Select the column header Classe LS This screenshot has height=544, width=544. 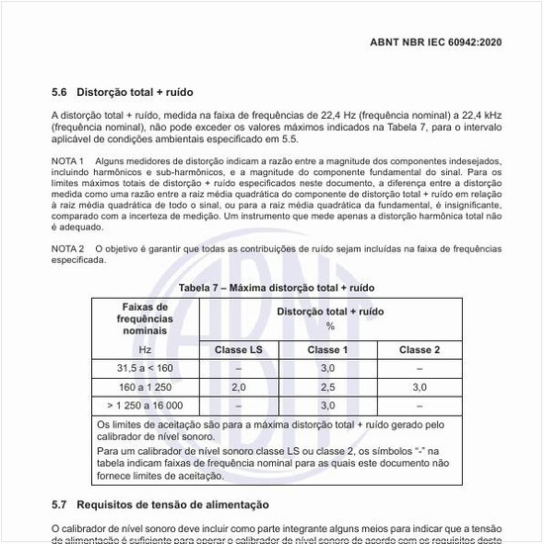pos(237,350)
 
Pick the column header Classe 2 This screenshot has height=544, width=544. pos(419,350)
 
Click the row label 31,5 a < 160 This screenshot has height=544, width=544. pos(144,368)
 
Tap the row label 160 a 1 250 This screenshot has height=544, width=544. pos(144,387)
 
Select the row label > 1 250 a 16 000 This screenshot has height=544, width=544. pos(144,406)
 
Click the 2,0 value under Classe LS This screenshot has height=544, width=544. pos(237,387)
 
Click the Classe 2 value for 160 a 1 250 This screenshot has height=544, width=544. pos(419,387)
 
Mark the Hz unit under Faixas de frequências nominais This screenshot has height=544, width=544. pos(144,350)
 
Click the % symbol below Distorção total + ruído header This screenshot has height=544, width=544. pos(329,325)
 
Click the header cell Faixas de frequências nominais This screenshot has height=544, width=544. pos(144,318)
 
